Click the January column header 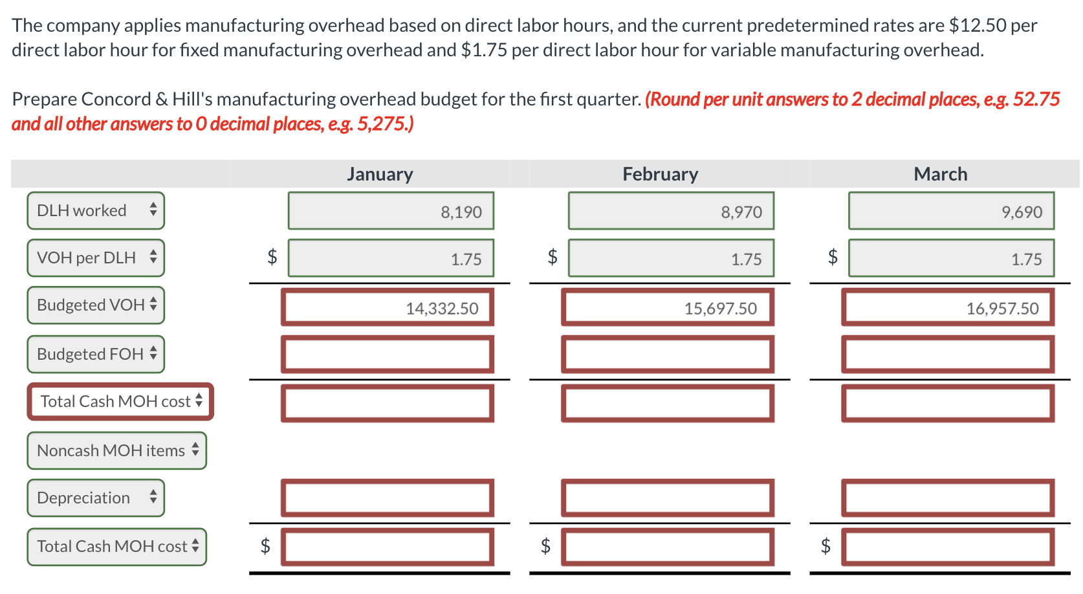(380, 174)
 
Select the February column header (661, 174)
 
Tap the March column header (941, 174)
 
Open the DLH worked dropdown (96, 210)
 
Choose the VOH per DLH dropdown (96, 258)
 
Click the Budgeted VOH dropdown (96, 305)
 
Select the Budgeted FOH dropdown (96, 354)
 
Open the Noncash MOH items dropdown (117, 450)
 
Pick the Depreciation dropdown (96, 498)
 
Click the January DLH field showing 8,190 (391, 211)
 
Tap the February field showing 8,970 (671, 211)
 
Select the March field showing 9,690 (952, 211)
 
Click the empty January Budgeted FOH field (388, 355)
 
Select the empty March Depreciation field (948, 498)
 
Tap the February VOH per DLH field (671, 258)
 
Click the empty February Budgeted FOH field (668, 355)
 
